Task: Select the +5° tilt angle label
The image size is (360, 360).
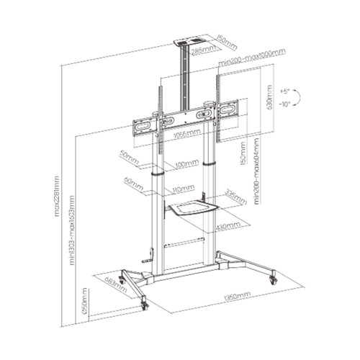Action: point(285,92)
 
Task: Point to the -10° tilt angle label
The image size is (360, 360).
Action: point(285,104)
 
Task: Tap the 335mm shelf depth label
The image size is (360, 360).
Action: point(228,193)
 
